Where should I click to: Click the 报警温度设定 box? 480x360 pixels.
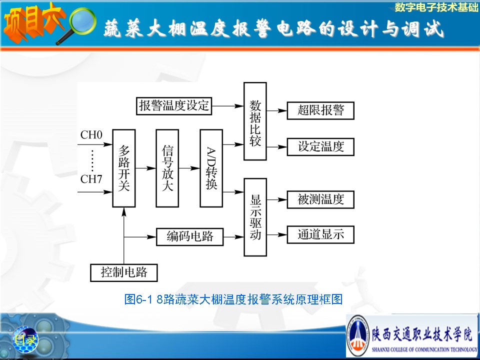coord(174,106)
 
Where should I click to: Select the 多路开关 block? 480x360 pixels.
coord(123,168)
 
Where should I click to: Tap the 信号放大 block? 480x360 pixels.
coord(167,168)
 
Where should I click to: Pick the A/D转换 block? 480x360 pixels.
coord(211,168)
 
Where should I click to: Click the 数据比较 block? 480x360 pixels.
coord(255,121)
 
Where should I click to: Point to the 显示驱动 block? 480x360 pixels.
coord(255,217)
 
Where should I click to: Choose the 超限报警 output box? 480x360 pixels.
coord(320,110)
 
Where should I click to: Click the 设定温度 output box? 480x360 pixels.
coord(320,146)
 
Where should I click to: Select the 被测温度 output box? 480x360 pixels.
coord(320,199)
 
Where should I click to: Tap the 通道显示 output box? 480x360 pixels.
coord(320,235)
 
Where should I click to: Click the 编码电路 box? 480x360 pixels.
coord(190,236)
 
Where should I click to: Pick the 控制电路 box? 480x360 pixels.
coord(123,272)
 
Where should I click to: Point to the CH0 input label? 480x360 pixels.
coord(91,135)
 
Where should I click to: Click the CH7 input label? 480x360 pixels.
coord(91,179)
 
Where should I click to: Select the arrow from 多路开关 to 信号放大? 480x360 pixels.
coord(145,168)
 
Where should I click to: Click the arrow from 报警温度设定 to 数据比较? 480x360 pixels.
coord(228,106)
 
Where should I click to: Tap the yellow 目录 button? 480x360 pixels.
coord(25,339)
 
